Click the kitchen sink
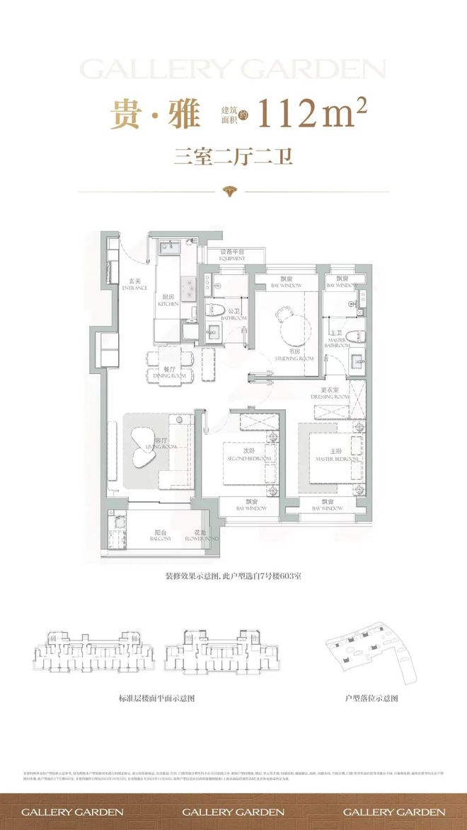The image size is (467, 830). pyautogui.click(x=168, y=247)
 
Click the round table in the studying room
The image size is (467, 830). pyautogui.click(x=293, y=327)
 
